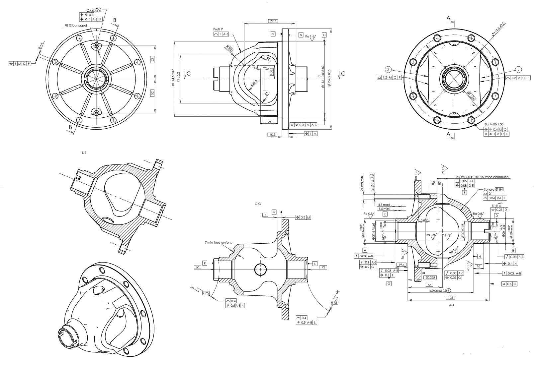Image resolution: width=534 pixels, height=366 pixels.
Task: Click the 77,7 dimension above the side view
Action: pos(272,21)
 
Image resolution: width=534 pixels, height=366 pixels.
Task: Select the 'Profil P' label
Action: pos(218,30)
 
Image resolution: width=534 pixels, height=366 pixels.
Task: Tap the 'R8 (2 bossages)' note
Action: pos(75,25)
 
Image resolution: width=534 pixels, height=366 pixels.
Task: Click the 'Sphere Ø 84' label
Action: pos(493,189)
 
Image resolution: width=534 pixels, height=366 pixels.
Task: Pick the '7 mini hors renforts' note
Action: pos(218,243)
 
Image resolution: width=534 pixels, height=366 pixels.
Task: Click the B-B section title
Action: pos(84,153)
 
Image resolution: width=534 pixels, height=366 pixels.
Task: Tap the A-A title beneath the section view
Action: pos(451,305)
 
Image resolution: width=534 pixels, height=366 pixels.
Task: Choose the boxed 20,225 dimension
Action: pos(430,277)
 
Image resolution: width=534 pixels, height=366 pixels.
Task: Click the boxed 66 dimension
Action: pos(198,267)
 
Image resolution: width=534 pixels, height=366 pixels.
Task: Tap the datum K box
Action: pos(205,263)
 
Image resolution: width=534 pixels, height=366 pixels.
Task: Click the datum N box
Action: pos(301,35)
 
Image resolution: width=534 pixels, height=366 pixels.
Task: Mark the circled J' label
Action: pos(388,70)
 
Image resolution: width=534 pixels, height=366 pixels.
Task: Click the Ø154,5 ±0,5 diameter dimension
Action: pos(329,78)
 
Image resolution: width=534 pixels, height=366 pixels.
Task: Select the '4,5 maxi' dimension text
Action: pos(385,205)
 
